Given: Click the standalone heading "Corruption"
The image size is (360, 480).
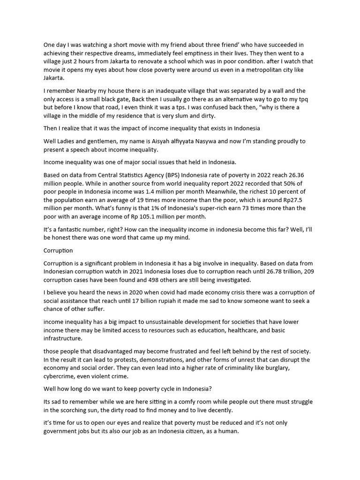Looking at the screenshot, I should (x=58, y=251).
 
